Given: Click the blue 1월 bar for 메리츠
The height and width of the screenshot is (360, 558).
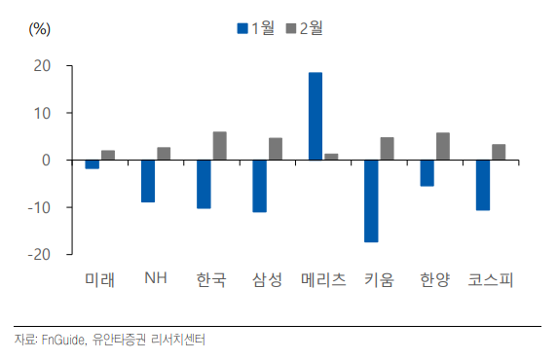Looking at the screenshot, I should pyautogui.click(x=316, y=116).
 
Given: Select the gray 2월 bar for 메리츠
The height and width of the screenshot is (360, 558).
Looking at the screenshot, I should pyautogui.click(x=331, y=157).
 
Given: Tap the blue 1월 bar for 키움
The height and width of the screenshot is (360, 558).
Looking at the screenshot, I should pyautogui.click(x=371, y=200).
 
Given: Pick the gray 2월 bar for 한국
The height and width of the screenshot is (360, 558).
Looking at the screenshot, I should pyautogui.click(x=220, y=146).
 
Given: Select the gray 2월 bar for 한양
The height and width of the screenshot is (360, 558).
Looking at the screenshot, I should pyautogui.click(x=443, y=146).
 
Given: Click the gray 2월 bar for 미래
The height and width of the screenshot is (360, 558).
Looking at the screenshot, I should pyautogui.click(x=108, y=155).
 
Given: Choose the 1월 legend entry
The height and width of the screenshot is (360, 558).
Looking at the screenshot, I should pyautogui.click(x=253, y=27).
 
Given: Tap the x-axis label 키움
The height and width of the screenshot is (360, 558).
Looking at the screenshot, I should pyautogui.click(x=378, y=280).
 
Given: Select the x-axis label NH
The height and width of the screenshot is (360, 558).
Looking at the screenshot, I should pyautogui.click(x=155, y=279).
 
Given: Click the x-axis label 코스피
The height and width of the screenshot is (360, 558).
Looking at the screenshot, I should pyautogui.click(x=490, y=280).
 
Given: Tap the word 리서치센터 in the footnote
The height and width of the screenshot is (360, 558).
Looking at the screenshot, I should pyautogui.click(x=180, y=340).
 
